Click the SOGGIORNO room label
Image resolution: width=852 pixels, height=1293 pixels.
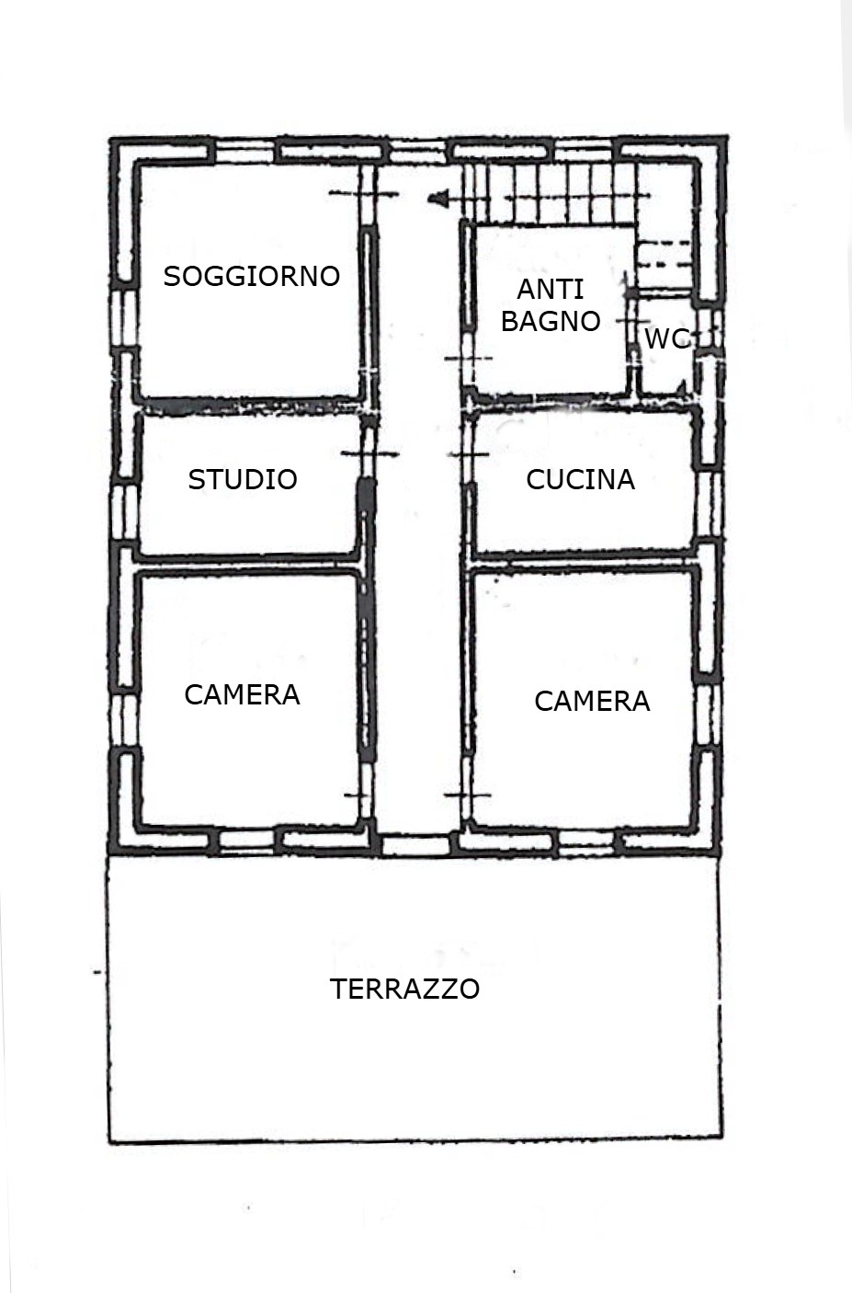point(252,276)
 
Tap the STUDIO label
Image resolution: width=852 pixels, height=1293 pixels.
point(243,479)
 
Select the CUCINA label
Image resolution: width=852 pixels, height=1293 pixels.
point(580,479)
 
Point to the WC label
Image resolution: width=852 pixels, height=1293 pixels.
point(667,338)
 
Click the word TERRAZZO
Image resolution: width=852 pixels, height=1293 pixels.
point(404,989)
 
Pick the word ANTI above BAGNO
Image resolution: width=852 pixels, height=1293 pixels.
point(551,289)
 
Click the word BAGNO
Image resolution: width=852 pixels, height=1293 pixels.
point(551,321)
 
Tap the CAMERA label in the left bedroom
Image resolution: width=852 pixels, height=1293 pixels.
point(242,694)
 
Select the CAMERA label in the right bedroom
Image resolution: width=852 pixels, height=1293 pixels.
point(592,701)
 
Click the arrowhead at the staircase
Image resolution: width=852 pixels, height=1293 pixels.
point(437,199)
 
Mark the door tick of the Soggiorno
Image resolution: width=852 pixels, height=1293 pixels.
point(364,194)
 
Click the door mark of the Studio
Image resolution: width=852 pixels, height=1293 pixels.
point(369,454)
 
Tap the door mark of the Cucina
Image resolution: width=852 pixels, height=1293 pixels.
point(468,455)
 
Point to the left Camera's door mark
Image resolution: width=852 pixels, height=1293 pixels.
point(358,795)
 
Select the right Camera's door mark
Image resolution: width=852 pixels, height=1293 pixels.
point(467,795)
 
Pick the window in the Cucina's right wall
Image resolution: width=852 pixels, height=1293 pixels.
point(709,506)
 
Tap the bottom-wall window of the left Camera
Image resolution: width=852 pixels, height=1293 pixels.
point(247,842)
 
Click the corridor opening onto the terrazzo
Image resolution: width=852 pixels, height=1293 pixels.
point(416,845)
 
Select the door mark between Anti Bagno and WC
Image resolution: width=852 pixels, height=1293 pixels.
point(633,320)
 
